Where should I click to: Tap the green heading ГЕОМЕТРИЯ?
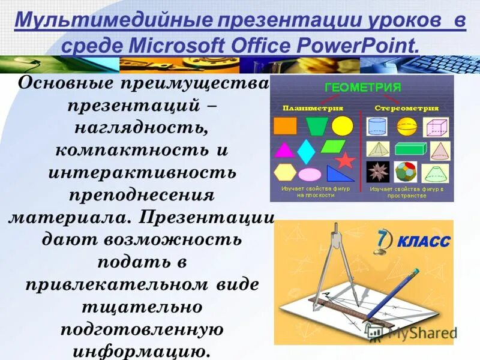(362, 88)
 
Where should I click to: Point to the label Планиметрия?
(313, 109)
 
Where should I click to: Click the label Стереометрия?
(406, 109)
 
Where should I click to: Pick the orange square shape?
(285, 126)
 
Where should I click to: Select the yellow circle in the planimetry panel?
(343, 126)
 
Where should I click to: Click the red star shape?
(345, 160)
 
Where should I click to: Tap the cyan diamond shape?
(306, 152)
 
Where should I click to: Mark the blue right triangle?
(340, 173)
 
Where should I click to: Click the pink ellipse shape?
(310, 175)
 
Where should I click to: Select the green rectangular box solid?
(410, 149)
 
